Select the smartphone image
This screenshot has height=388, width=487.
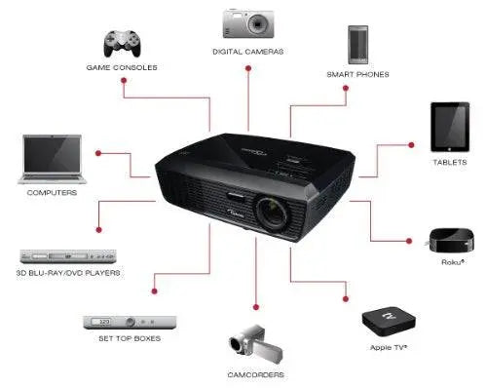(x=356, y=45)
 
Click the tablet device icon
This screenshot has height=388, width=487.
(x=450, y=127)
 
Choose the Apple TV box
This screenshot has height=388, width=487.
(x=387, y=319)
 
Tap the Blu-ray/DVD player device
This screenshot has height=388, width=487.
(x=68, y=257)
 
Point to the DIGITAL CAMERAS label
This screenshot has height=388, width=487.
(x=247, y=51)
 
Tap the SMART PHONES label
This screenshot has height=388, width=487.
(x=357, y=74)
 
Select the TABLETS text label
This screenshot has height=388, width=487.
(x=450, y=162)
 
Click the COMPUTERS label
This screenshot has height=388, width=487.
(x=52, y=193)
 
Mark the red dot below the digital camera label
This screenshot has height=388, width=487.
(x=248, y=68)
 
